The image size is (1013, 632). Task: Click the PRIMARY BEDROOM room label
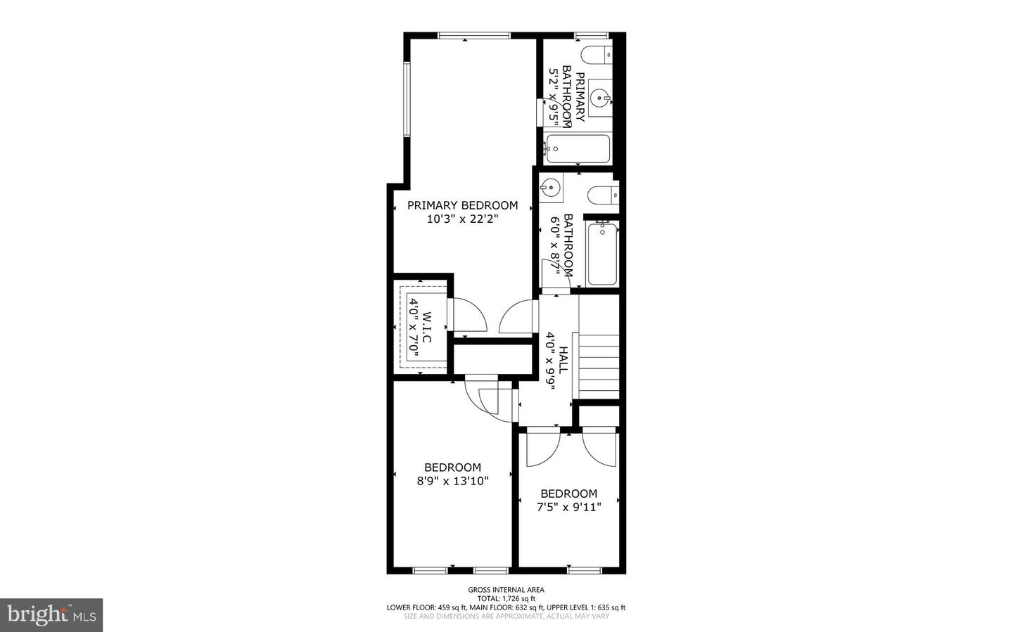click(462, 205)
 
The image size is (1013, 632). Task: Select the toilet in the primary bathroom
click(597, 54)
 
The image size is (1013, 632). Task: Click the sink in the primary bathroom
click(599, 97)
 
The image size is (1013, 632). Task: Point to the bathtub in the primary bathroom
click(576, 148)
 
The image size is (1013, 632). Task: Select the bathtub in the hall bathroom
click(602, 254)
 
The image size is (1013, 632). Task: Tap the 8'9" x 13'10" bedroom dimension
click(452, 481)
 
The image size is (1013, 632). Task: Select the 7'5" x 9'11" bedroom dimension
click(568, 507)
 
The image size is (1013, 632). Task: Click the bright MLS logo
click(51, 615)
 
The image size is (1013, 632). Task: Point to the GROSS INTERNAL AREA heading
click(506, 590)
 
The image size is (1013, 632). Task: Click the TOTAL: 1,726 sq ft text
click(506, 598)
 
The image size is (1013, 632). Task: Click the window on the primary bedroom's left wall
click(406, 99)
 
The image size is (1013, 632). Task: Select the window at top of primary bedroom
click(474, 35)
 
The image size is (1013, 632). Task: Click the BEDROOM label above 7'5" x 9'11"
click(568, 494)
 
